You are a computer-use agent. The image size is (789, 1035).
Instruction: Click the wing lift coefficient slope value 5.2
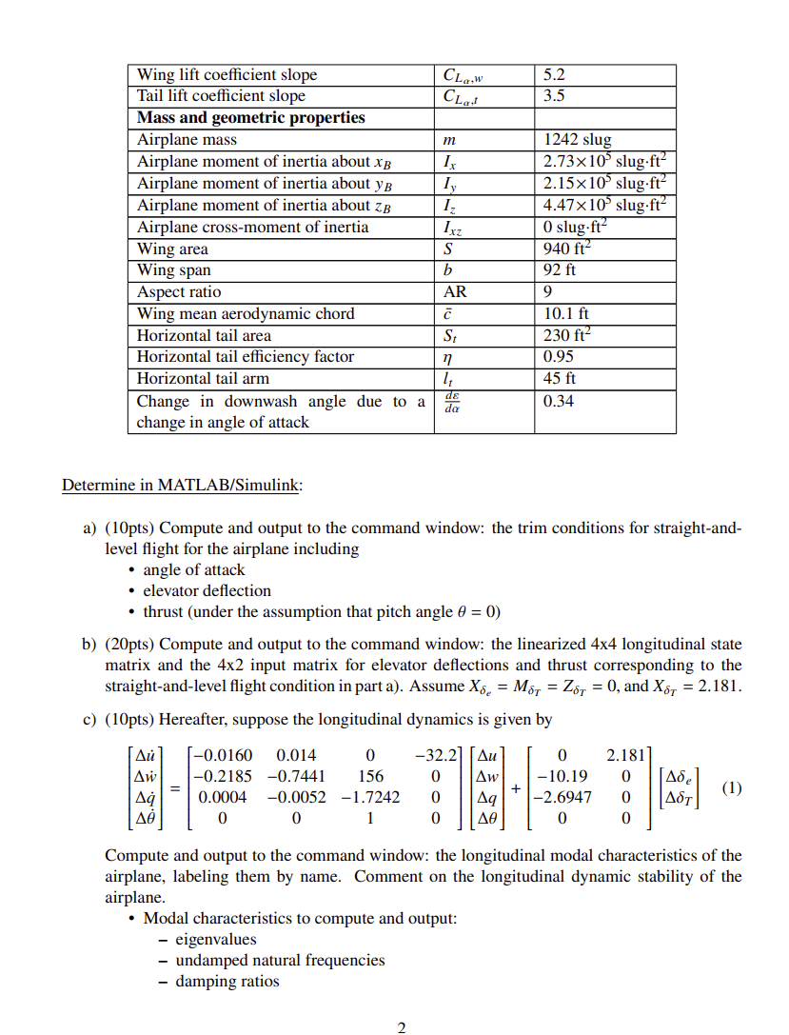tap(554, 74)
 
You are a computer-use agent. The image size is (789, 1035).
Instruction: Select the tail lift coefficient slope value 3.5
tap(554, 96)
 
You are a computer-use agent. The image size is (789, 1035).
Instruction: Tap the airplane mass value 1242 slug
tap(577, 140)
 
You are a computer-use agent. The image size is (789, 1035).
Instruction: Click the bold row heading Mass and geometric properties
tap(251, 118)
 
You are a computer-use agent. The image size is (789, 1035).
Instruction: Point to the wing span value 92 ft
tap(560, 270)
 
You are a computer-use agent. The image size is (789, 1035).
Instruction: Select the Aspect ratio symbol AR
tap(456, 292)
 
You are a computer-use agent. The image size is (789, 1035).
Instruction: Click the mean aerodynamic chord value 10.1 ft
tap(565, 314)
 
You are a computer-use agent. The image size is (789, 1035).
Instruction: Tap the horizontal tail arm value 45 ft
tap(560, 379)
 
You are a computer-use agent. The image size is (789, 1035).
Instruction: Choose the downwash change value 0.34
tap(558, 401)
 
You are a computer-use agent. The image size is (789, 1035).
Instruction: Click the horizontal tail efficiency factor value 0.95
tap(558, 357)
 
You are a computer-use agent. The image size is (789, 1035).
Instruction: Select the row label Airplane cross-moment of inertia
tap(252, 227)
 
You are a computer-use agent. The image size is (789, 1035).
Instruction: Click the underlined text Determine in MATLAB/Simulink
tap(182, 486)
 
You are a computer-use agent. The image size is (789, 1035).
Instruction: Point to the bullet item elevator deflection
tap(207, 590)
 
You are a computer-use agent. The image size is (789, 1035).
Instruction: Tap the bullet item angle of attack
tap(193, 569)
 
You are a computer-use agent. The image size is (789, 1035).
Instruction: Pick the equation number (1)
tap(731, 787)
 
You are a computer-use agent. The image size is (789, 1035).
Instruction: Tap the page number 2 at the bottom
tap(401, 1027)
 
